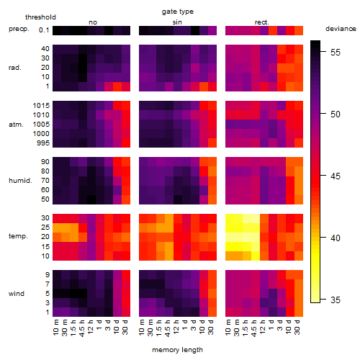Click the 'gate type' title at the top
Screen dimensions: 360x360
(x=178, y=12)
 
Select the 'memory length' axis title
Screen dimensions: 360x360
(x=177, y=350)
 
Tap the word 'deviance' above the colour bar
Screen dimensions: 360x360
(x=341, y=29)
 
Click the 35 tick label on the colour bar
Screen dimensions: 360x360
(x=336, y=300)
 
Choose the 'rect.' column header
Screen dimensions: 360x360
(x=261, y=22)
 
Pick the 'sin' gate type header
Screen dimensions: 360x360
(x=177, y=22)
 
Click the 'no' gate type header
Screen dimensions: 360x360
(x=93, y=22)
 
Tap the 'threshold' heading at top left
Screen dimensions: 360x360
(x=40, y=17)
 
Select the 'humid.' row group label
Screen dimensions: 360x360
(x=20, y=181)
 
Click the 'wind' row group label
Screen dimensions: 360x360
(x=17, y=294)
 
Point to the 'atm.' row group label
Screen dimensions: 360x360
(x=16, y=125)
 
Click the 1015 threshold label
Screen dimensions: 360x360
(x=41, y=106)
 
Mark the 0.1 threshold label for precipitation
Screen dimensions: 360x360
(x=44, y=30)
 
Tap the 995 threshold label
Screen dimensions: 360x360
(x=43, y=143)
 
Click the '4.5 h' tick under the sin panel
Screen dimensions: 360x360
(x=168, y=328)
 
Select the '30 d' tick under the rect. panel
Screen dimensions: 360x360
(x=297, y=327)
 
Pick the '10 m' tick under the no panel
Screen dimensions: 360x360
(x=55, y=328)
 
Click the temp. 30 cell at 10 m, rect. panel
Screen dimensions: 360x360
(x=230, y=218)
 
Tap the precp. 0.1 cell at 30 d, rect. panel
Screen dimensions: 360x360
(x=299, y=30)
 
